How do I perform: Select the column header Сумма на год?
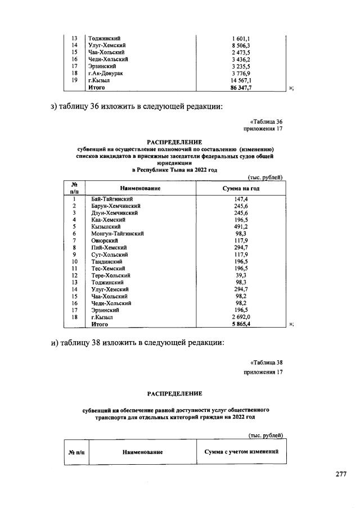(241, 188)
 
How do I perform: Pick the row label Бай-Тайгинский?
(112, 199)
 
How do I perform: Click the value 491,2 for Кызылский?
(241, 226)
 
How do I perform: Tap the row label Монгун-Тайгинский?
(118, 233)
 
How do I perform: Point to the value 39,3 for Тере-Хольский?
(241, 275)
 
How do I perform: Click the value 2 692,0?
(241, 317)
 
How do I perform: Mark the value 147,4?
(241, 199)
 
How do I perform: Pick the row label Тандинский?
(107, 261)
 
